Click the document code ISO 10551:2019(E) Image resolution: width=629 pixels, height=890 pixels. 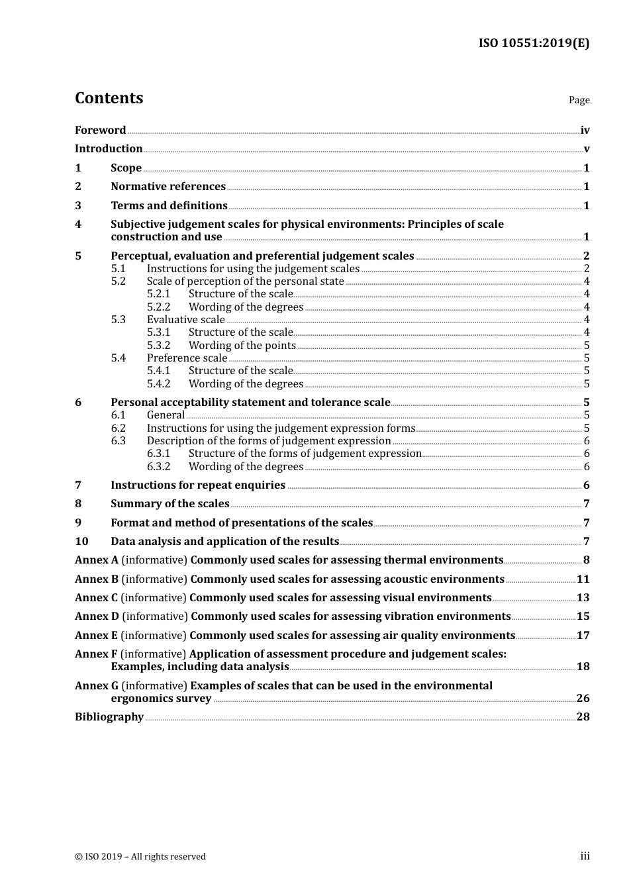(534, 44)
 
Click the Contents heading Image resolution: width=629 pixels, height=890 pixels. (109, 98)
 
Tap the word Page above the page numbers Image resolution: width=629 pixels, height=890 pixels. (579, 100)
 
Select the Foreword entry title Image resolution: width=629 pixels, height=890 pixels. (100, 130)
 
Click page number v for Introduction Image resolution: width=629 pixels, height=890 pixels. (586, 149)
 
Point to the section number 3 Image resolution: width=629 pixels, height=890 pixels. (78, 206)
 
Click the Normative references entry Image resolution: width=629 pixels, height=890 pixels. (168, 187)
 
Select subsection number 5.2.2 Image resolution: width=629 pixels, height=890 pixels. (158, 307)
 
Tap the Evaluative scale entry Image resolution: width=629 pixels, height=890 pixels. (186, 320)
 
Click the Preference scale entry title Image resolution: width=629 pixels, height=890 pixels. (187, 358)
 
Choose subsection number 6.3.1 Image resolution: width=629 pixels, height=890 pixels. (158, 454)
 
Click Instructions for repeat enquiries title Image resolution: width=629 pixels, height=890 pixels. (198, 485)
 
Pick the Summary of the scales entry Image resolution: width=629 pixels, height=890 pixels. (170, 504)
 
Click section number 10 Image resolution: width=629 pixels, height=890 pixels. (81, 542)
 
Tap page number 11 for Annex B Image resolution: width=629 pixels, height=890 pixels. (583, 579)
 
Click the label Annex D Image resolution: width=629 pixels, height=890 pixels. (97, 617)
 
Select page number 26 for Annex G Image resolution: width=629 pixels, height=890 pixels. (583, 699)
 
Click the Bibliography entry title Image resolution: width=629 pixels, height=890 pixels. (109, 717)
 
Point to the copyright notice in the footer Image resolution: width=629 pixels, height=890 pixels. (140, 857)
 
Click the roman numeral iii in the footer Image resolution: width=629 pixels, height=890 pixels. (585, 856)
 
